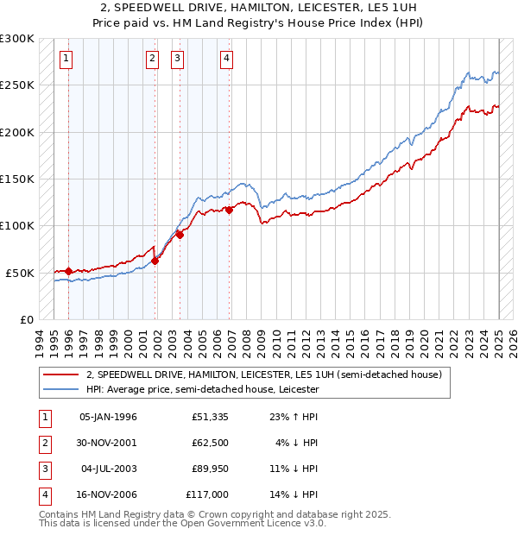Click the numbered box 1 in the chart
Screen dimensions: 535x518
tap(66, 59)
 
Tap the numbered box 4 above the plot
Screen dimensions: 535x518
tap(226, 59)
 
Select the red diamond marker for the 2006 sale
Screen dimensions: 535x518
tap(230, 210)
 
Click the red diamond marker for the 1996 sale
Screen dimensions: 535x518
tap(68, 271)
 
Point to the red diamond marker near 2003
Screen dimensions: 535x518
tap(180, 235)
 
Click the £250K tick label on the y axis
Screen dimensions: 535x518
tap(16, 85)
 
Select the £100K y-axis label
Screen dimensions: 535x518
tap(16, 225)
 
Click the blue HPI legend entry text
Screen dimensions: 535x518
tap(202, 390)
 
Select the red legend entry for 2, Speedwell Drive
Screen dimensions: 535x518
tap(263, 374)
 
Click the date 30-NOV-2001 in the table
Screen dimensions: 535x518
tap(108, 443)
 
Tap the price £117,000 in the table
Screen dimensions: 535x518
tap(207, 494)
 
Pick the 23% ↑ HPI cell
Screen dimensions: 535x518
tap(287, 417)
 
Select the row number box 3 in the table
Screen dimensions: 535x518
tap(44, 469)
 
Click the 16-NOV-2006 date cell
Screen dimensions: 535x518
tap(108, 494)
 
